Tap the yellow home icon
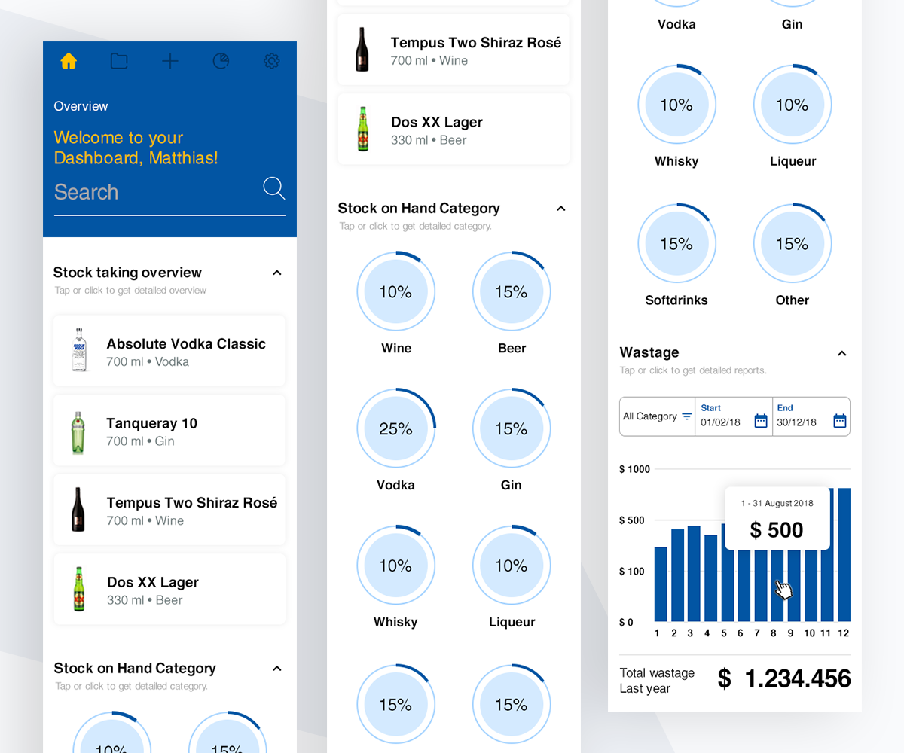pyautogui.click(x=69, y=62)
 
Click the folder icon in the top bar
pyautogui.click(x=119, y=62)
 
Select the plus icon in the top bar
pyautogui.click(x=170, y=62)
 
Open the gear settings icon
pyautogui.click(x=271, y=62)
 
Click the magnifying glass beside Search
pyautogui.click(x=273, y=188)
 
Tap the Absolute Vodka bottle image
pyautogui.click(x=79, y=350)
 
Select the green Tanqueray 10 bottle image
pyautogui.click(x=78, y=430)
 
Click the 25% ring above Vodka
pyautogui.click(x=395, y=428)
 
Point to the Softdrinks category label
pyautogui.click(x=676, y=300)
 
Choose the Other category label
pyautogui.click(x=793, y=300)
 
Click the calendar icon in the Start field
pyautogui.click(x=761, y=421)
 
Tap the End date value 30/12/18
pyautogui.click(x=797, y=422)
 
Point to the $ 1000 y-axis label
pyautogui.click(x=634, y=469)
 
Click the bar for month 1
pyautogui.click(x=661, y=584)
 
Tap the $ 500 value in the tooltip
pyautogui.click(x=777, y=530)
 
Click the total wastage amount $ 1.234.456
pyautogui.click(x=783, y=678)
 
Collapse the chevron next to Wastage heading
pyautogui.click(x=842, y=353)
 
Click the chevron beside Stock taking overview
pyautogui.click(x=276, y=273)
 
